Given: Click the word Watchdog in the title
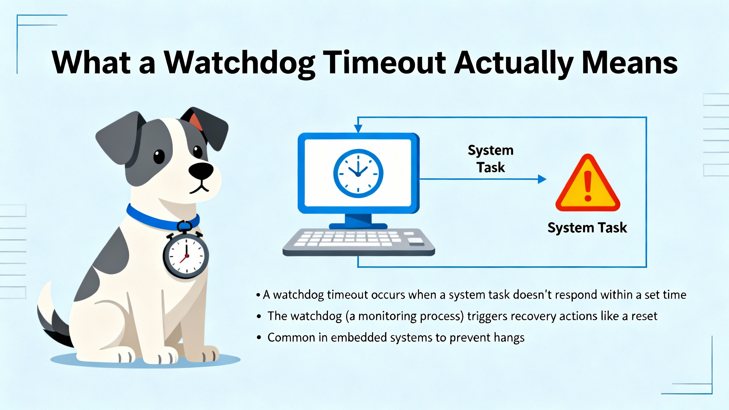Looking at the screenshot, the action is click(x=240, y=63).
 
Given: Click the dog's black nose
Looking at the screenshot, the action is click(x=201, y=171).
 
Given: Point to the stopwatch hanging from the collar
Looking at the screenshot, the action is click(x=186, y=253).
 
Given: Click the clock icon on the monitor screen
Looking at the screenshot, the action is click(x=358, y=173).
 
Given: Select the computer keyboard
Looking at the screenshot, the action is click(x=359, y=242).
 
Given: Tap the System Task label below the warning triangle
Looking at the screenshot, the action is click(x=587, y=228).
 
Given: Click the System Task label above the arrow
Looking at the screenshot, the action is click(x=491, y=159).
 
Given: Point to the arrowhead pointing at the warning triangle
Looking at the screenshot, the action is click(x=542, y=179).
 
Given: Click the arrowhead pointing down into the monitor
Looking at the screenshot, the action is click(x=358, y=129).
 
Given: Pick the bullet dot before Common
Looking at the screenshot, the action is click(x=259, y=338).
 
